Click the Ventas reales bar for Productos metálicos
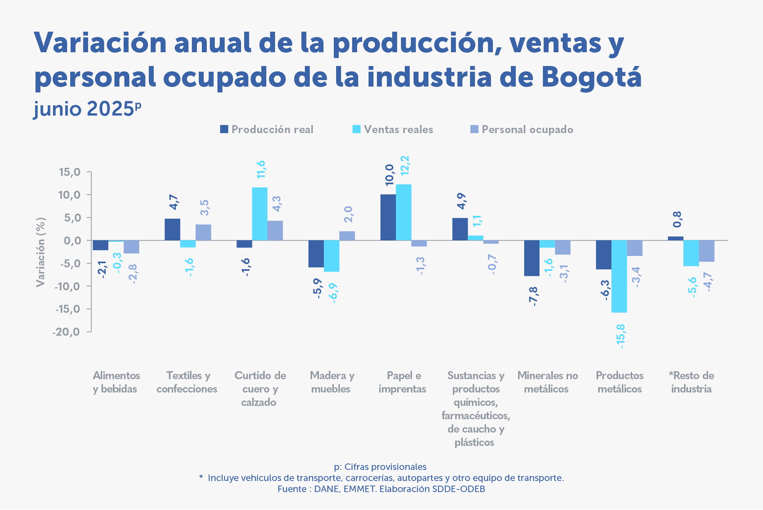(x=619, y=276)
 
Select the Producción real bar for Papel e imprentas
(x=388, y=217)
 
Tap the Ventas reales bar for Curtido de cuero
(x=259, y=214)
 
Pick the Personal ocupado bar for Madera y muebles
(x=347, y=236)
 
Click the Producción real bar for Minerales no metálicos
(x=532, y=258)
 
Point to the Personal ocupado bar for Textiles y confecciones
(x=203, y=232)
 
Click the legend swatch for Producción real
(x=224, y=129)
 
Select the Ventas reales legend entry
(x=398, y=130)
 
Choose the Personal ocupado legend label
(x=527, y=130)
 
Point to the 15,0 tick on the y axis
(x=69, y=172)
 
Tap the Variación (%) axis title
(x=40, y=252)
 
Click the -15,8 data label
(x=621, y=336)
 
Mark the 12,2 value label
(x=404, y=166)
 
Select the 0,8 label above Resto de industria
(x=677, y=219)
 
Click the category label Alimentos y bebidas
(x=116, y=382)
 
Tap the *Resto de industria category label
(x=691, y=382)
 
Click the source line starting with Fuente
(x=381, y=489)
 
